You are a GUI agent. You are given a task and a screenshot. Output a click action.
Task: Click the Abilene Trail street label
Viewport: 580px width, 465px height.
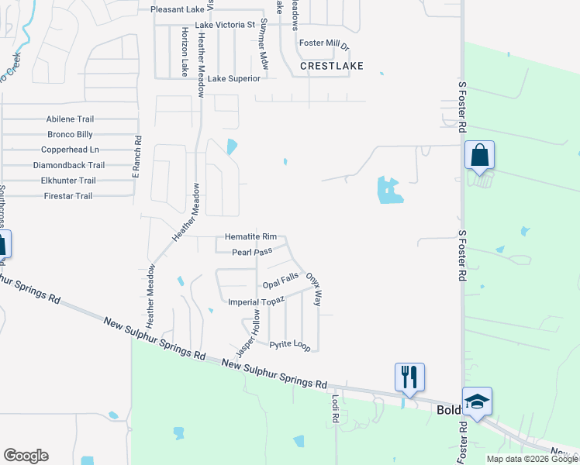tap(70, 119)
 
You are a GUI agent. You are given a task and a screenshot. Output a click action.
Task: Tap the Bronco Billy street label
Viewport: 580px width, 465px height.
tap(70, 134)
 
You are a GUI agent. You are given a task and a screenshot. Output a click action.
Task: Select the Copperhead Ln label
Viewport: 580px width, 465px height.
tap(70, 150)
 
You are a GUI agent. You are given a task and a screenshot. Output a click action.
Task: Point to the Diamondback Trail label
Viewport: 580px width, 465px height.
tap(68, 165)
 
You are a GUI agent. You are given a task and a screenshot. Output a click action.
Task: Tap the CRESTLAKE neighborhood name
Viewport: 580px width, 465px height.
tap(332, 67)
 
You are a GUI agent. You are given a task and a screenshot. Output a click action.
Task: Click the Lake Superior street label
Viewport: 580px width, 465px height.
tap(233, 78)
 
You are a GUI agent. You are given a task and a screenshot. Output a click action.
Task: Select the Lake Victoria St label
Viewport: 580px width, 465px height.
tap(225, 25)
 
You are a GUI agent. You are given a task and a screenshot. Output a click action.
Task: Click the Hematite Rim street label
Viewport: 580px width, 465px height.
tap(250, 236)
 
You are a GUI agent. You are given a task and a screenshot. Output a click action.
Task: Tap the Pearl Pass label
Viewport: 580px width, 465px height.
tap(252, 252)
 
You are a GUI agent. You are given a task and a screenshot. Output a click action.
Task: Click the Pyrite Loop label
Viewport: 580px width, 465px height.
tap(290, 344)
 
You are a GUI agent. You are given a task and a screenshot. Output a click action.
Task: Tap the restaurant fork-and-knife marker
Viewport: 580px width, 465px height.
tap(409, 377)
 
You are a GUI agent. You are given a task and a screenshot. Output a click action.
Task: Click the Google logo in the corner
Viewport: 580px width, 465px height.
tap(26, 456)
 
